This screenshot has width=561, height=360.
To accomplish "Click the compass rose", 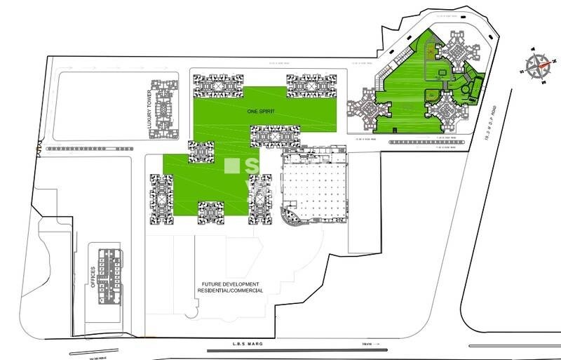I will point(537,68).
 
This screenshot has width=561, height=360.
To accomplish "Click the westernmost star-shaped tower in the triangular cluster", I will point(366,107).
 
